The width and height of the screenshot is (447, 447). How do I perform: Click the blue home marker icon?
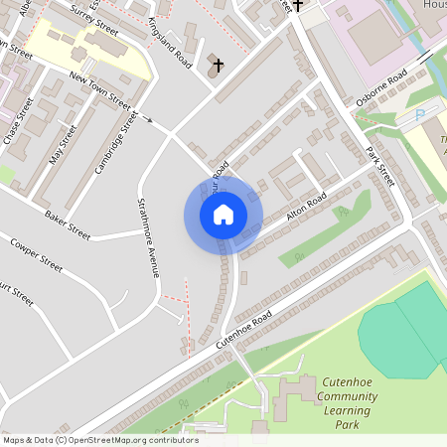point(223,214)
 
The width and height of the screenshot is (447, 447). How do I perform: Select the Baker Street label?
point(68,226)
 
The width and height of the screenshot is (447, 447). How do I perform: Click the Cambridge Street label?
point(116,143)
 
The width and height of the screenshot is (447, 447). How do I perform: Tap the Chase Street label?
point(19,122)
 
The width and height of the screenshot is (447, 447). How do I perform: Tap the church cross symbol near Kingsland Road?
point(217,67)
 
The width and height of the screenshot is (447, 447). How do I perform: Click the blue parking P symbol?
point(419,115)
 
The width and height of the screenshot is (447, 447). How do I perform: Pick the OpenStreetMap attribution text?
point(99,440)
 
